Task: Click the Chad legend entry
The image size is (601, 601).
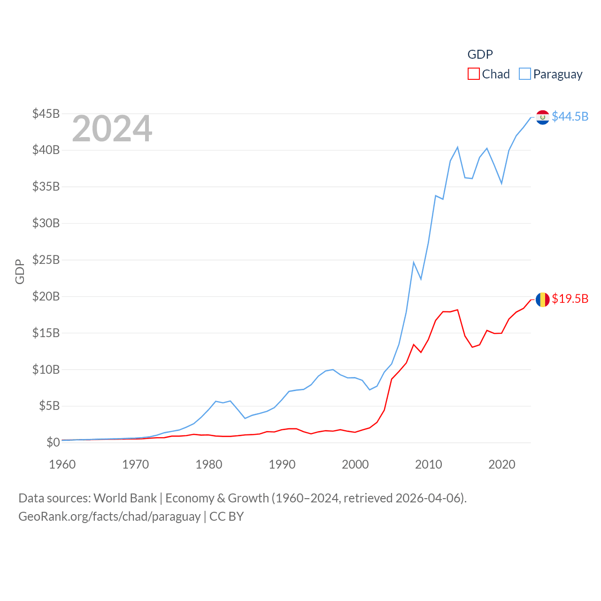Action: click(x=489, y=74)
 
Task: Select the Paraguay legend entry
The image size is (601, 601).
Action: click(x=551, y=74)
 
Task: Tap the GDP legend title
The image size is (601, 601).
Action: click(x=480, y=54)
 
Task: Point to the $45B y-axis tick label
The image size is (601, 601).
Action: click(x=46, y=114)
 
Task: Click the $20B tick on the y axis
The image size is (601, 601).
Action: click(x=46, y=296)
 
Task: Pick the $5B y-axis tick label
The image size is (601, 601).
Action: click(x=49, y=406)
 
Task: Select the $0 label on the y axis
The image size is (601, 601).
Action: click(x=53, y=442)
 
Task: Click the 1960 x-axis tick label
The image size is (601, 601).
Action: click(x=62, y=464)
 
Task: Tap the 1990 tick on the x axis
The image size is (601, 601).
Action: click(x=282, y=464)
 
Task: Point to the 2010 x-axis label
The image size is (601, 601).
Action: click(x=429, y=464)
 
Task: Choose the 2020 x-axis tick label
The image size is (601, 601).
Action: click(x=502, y=464)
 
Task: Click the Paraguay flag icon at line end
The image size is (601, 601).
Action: click(x=542, y=117)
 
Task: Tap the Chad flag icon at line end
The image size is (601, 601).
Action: click(x=542, y=299)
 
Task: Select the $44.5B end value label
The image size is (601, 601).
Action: click(x=570, y=116)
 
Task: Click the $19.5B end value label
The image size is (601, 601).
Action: click(x=570, y=299)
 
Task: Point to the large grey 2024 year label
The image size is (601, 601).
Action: click(x=112, y=129)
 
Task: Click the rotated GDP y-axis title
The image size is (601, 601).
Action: click(x=20, y=271)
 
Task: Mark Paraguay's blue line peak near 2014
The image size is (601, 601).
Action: click(x=457, y=147)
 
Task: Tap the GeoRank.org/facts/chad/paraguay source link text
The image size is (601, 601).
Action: click(x=109, y=516)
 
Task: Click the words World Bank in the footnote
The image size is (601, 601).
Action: click(x=125, y=498)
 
